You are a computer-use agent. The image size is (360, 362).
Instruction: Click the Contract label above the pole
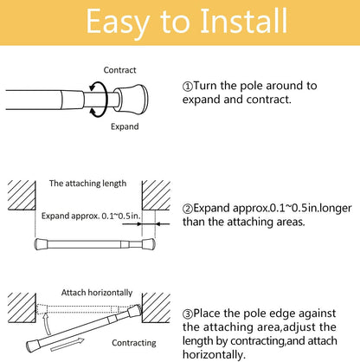pos(119,69)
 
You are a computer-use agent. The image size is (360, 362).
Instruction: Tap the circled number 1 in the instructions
pos(188,87)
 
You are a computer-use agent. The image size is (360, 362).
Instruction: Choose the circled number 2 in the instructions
pos(188,209)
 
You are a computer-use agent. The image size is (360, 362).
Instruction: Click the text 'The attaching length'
pos(87,184)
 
